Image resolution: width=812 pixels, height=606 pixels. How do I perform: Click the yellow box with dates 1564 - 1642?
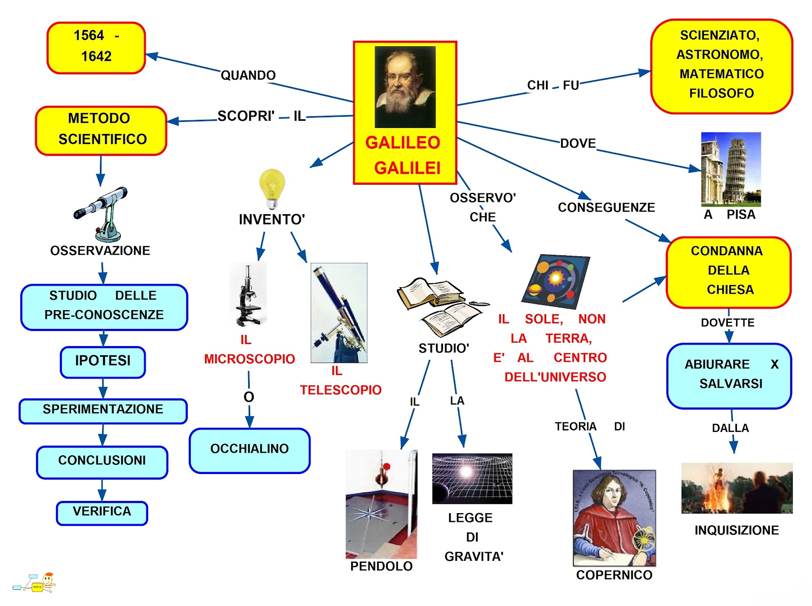coord(96,47)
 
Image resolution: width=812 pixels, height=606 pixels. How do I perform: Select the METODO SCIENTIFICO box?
coord(101,130)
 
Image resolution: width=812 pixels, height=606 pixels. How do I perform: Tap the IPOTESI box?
coord(103,361)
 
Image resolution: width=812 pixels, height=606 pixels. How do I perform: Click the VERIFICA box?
coord(101,512)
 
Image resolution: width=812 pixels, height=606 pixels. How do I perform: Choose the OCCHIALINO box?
coord(249,450)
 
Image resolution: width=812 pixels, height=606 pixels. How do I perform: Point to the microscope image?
coord(248,294)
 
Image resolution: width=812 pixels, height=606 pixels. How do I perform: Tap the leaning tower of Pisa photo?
coord(730,169)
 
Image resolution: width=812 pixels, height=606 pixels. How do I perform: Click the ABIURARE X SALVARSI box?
coord(729,375)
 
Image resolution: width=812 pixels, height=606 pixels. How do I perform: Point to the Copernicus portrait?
coord(614,517)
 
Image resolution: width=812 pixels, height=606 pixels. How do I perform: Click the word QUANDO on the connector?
coord(248,76)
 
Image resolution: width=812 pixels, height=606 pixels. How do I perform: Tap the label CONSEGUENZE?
coord(606,208)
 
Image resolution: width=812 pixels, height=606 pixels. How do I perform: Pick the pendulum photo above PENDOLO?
coord(381,503)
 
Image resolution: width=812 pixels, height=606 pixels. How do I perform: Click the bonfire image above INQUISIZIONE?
coord(736,488)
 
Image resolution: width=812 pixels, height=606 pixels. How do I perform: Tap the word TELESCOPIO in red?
coord(341,390)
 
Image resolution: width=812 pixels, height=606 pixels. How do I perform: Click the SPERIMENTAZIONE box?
coord(103,410)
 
